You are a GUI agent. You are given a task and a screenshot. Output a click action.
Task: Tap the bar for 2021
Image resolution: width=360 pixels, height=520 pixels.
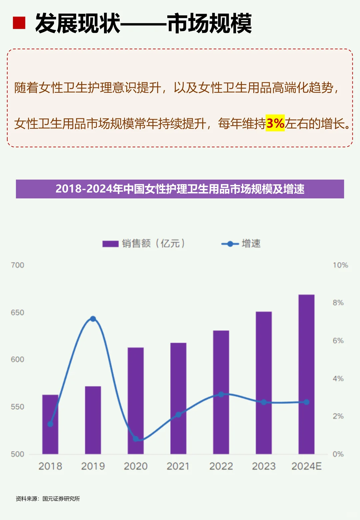178,398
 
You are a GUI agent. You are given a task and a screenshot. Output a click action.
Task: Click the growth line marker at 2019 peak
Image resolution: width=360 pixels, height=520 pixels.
93,319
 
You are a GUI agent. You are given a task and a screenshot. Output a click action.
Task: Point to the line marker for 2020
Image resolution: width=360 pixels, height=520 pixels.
136,439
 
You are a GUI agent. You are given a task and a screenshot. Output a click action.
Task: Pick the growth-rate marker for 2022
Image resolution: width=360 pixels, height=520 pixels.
221,394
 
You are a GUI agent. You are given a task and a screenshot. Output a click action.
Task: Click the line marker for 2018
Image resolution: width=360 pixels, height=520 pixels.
50,424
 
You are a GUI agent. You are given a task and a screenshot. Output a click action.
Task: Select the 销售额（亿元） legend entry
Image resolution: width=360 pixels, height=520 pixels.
143,244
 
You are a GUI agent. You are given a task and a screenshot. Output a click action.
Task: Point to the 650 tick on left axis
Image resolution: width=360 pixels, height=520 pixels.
17,313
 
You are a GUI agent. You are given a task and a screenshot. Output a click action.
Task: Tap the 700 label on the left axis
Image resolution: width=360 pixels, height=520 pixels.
17,265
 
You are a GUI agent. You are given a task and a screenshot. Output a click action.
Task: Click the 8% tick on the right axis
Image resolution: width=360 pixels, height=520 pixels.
338,303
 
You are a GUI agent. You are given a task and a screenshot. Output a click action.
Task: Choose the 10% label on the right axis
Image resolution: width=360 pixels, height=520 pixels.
340,265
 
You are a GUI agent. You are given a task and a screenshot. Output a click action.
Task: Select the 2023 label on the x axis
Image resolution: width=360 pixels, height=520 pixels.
264,466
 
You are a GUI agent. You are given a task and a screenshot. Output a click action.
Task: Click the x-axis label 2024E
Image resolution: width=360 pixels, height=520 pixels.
306,466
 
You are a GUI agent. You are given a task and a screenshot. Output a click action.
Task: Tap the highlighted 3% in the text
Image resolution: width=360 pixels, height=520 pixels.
275,123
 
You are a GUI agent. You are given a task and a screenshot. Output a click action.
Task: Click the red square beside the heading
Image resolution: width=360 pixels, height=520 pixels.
19,23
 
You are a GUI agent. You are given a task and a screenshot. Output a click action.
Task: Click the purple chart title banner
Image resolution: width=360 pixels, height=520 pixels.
180,189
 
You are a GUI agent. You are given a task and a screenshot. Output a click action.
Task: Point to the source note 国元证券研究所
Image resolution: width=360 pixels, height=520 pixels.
61,499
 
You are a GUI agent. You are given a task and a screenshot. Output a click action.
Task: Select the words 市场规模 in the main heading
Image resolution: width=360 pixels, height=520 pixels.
209,23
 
